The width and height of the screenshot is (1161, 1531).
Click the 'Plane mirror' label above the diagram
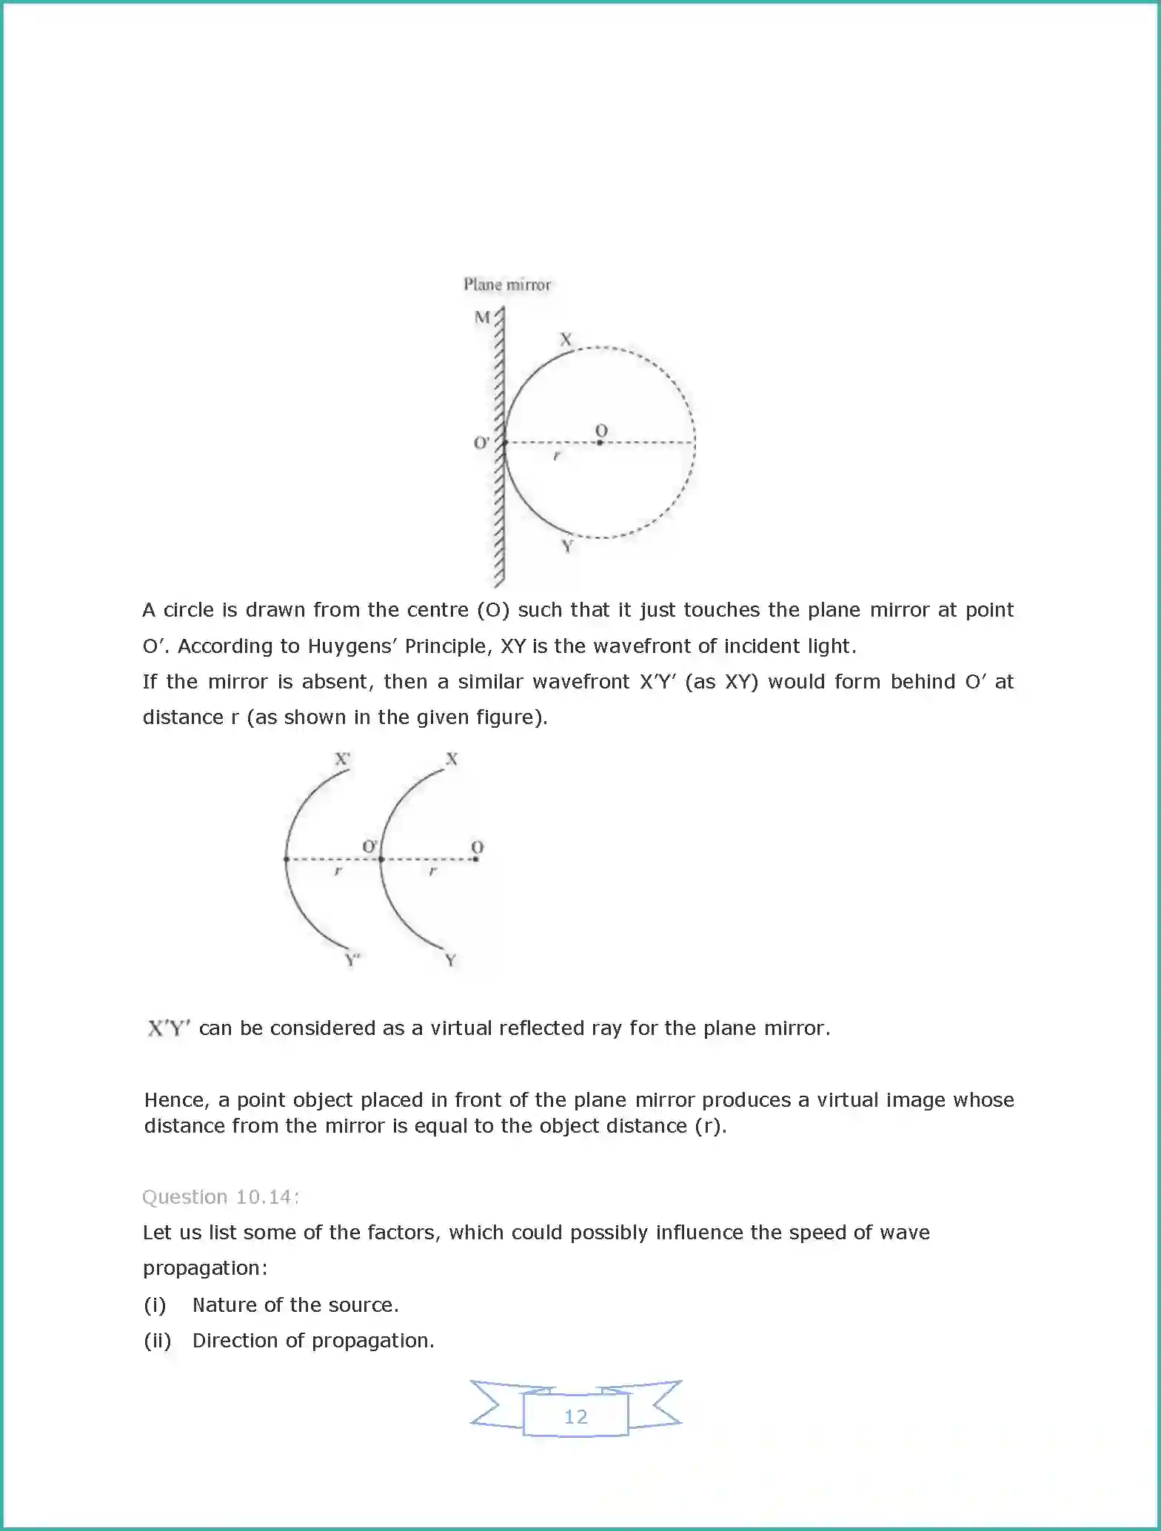coord(507,284)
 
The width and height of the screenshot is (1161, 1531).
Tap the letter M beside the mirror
coord(482,318)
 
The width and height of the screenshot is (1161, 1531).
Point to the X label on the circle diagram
coord(566,340)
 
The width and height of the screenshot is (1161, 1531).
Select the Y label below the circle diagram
coord(567,546)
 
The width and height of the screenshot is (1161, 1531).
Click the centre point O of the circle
coord(600,442)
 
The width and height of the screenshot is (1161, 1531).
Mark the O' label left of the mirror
coord(481,443)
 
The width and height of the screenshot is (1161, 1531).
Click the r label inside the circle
coord(557,456)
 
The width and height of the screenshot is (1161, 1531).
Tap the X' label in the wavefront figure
coord(342,760)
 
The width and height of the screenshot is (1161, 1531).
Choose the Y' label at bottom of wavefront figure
coord(352,960)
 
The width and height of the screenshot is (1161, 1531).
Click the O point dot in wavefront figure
coord(476,859)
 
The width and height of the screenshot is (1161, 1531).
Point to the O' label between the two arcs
coord(369,846)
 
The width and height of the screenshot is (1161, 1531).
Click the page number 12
coord(575,1416)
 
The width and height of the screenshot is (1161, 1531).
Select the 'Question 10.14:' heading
coord(221,1197)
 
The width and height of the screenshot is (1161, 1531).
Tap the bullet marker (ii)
coord(157,1341)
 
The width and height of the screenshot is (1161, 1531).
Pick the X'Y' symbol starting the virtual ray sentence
coord(169,1028)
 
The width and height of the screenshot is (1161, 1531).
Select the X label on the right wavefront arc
coord(452,760)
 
